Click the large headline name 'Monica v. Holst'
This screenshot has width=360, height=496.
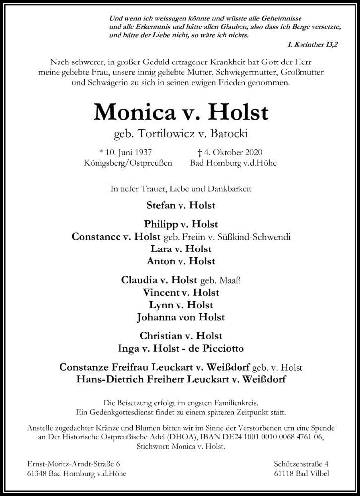point(180,113)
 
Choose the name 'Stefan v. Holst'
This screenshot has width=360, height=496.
point(180,205)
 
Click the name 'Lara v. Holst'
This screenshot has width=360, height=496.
point(180,248)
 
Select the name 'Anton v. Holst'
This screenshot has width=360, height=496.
point(180,261)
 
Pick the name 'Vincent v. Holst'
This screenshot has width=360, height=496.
point(180,292)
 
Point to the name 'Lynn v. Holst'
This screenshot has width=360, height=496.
point(180,305)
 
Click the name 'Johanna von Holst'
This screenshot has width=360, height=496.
point(180,317)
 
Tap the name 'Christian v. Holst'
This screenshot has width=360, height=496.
point(180,336)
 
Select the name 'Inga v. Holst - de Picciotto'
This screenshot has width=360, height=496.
point(180,348)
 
